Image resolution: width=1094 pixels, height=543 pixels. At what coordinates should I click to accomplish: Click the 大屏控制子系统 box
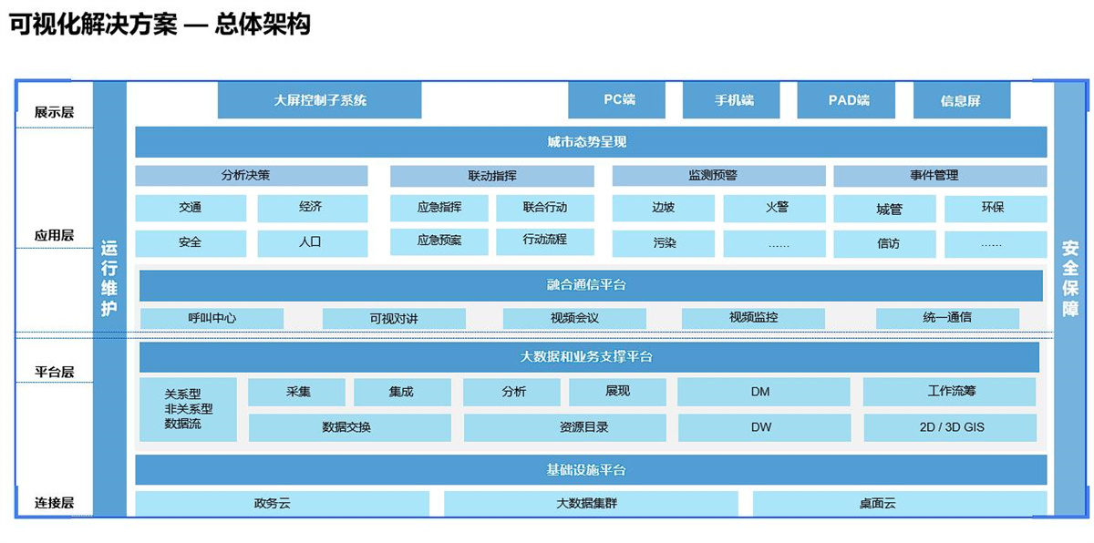tap(319, 100)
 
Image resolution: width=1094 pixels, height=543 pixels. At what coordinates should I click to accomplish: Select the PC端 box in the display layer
tap(617, 100)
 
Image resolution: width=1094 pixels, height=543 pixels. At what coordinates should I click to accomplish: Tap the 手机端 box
tap(731, 100)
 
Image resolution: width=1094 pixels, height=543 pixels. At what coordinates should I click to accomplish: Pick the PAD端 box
tap(846, 100)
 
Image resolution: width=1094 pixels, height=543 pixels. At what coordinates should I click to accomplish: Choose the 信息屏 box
tap(962, 100)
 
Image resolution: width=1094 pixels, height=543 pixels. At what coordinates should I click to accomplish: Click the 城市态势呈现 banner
tap(591, 142)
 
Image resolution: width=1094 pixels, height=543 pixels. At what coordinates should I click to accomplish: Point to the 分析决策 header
tap(252, 176)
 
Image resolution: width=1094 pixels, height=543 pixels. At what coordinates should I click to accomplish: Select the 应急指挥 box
tap(439, 208)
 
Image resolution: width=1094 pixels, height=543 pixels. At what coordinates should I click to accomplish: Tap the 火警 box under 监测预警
tap(775, 209)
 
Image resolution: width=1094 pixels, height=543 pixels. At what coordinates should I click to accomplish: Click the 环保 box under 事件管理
tap(996, 209)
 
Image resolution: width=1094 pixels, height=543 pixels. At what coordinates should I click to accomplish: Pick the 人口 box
tap(313, 243)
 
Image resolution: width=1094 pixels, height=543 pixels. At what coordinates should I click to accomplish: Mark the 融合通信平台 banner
tap(591, 285)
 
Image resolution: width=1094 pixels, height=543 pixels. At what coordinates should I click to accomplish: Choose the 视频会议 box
tap(574, 319)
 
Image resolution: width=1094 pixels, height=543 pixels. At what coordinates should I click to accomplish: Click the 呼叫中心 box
tap(212, 319)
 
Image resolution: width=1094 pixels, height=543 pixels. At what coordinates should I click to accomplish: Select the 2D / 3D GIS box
tap(950, 428)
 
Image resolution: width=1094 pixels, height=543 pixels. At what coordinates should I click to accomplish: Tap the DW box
tap(764, 428)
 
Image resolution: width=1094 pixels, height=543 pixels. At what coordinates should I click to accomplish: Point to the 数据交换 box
tap(350, 428)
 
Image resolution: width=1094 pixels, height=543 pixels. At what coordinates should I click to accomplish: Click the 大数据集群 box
tap(591, 504)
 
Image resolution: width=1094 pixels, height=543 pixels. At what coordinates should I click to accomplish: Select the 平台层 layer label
tap(54, 373)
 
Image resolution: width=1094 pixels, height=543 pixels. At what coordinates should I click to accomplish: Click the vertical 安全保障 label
tap(1070, 279)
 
